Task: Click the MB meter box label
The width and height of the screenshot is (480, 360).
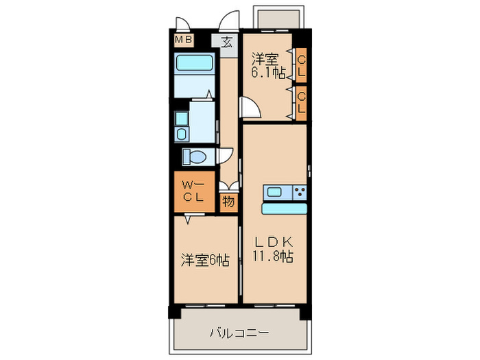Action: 183,40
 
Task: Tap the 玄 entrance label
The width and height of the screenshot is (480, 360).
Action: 226,40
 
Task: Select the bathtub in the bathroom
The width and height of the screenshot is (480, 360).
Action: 195,64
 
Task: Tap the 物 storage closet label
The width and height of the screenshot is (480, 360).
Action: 228,202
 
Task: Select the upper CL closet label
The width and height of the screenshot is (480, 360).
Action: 301,65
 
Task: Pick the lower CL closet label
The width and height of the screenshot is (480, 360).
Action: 301,102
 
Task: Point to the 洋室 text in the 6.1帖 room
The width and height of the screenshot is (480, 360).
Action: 265,58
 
